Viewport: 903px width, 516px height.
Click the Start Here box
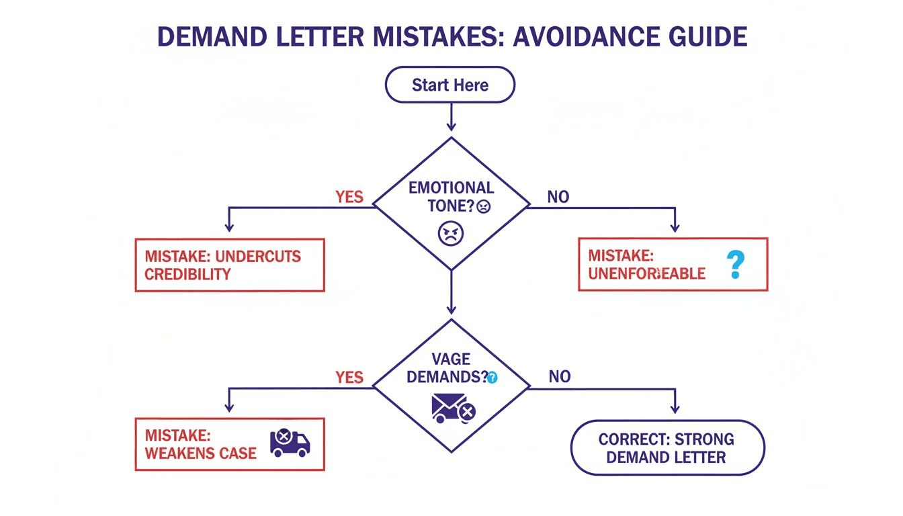pos(450,85)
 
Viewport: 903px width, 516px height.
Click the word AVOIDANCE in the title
pos(590,36)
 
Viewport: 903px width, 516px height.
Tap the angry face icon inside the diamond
pos(451,233)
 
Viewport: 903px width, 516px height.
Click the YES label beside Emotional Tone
pos(349,197)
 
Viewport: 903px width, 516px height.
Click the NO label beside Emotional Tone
pos(558,197)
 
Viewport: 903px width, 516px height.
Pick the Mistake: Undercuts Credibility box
pos(230,265)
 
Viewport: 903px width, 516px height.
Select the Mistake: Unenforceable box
pos(673,264)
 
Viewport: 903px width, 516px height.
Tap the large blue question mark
pos(736,265)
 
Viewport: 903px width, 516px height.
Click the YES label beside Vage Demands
pos(349,377)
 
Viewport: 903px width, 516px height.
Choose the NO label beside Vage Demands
pos(559,377)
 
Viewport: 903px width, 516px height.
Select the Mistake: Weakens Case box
pos(230,443)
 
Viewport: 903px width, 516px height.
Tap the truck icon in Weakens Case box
pos(290,443)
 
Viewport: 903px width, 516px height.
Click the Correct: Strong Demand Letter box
pos(667,448)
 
